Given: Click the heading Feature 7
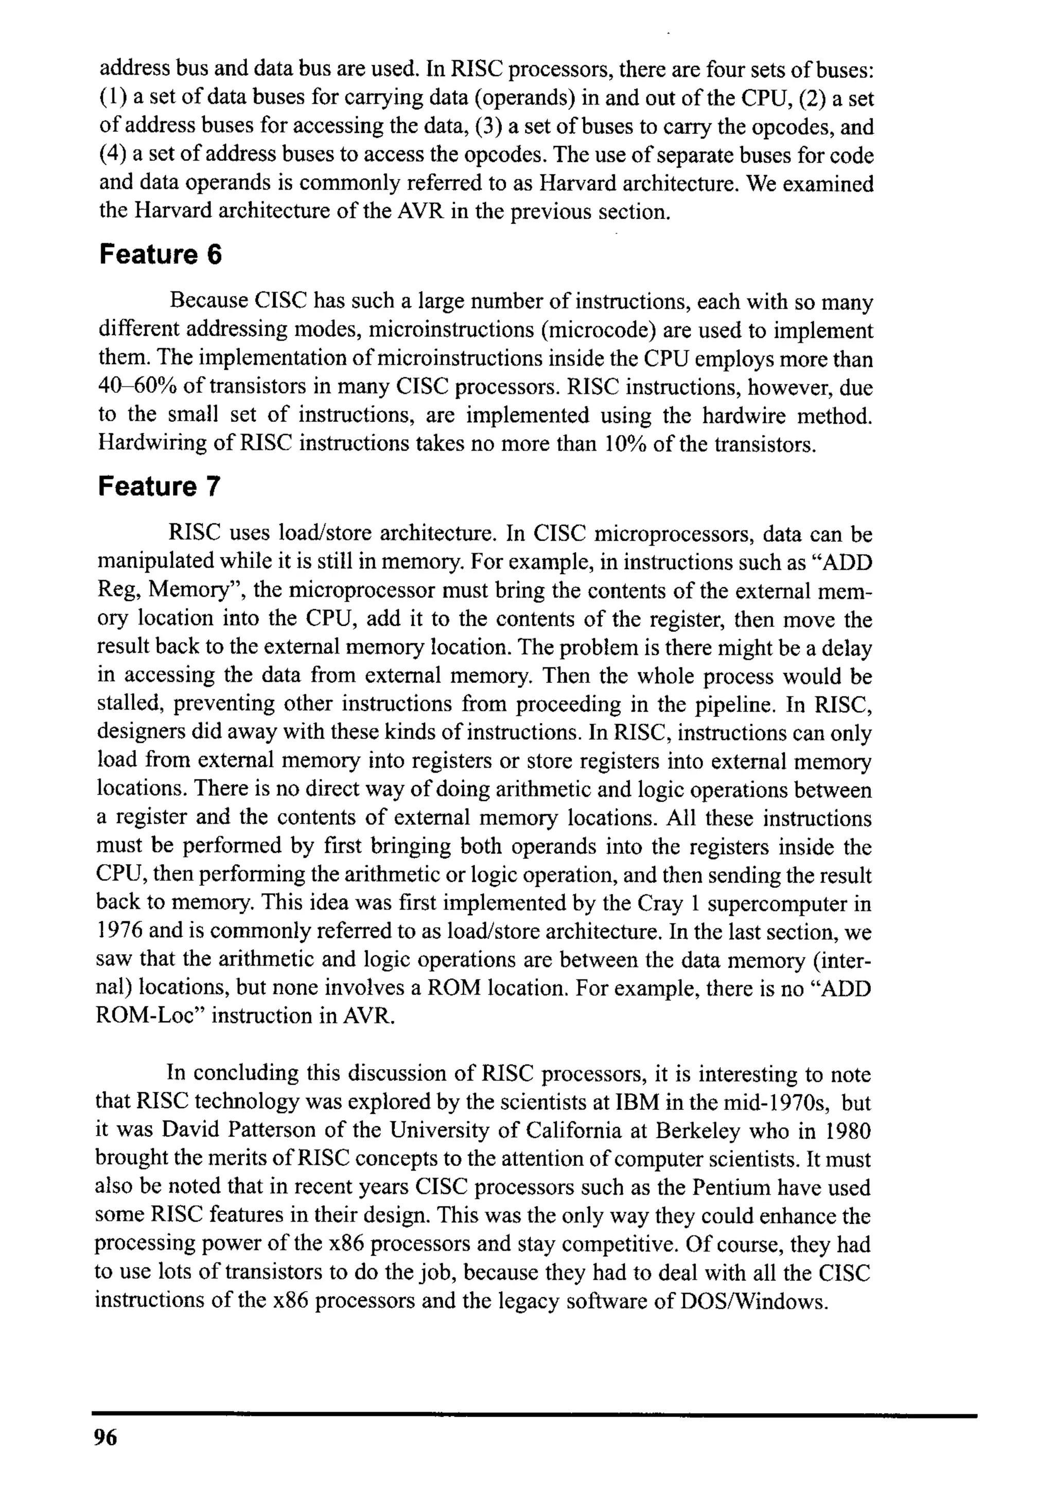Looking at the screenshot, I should tap(159, 486).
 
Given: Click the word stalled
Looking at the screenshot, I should tap(129, 704).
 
